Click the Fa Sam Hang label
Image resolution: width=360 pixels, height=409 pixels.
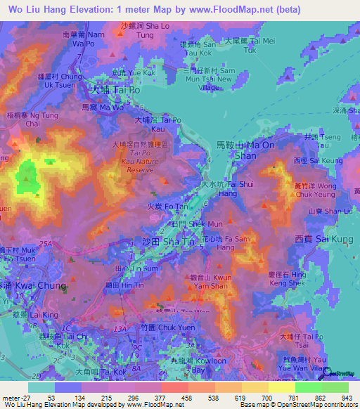pos(217,243)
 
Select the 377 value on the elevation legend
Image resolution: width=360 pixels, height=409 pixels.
pos(160,398)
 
